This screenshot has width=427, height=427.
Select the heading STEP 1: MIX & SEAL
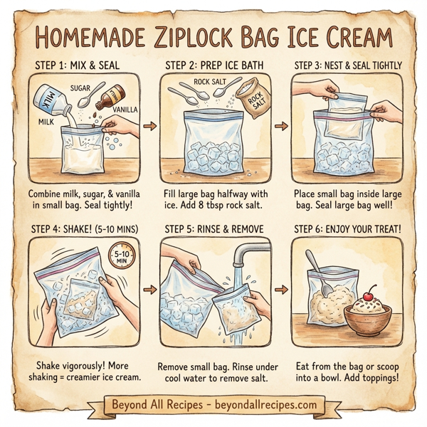point(75,65)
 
